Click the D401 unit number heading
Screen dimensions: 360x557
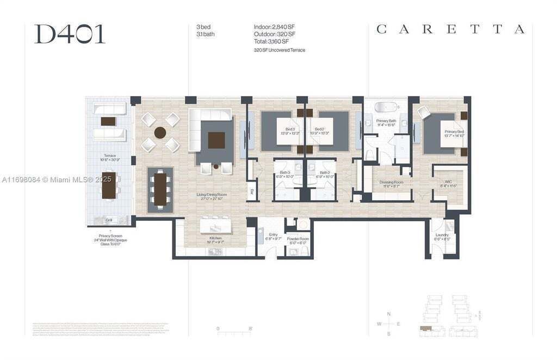tap(70, 34)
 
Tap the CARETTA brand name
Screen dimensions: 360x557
tap(450, 29)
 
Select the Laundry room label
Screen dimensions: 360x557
tap(442, 235)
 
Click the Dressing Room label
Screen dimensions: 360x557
tap(391, 183)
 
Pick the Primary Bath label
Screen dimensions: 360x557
tap(386, 121)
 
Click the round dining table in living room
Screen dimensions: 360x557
tap(160, 132)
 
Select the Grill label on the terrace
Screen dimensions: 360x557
tap(109, 220)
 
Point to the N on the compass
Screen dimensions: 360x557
tap(388, 314)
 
